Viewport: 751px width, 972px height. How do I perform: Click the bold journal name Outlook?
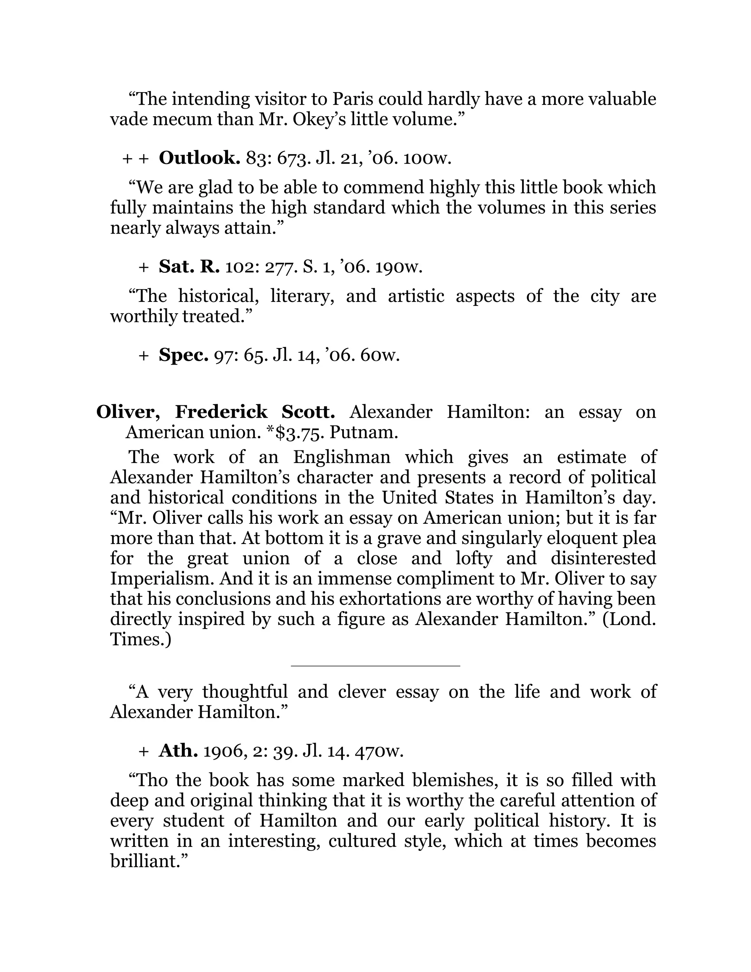[x=199, y=158]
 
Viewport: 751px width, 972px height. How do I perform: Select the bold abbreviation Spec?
[x=183, y=355]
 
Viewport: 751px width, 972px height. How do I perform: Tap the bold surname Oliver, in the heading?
[x=128, y=412]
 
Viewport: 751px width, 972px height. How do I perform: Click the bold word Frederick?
[x=221, y=412]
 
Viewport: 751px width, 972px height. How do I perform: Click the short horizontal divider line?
[x=375, y=666]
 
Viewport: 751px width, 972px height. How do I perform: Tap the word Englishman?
[x=341, y=457]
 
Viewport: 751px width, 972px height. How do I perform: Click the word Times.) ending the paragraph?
[x=140, y=640]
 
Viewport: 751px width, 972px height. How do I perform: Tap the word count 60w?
[x=380, y=355]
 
